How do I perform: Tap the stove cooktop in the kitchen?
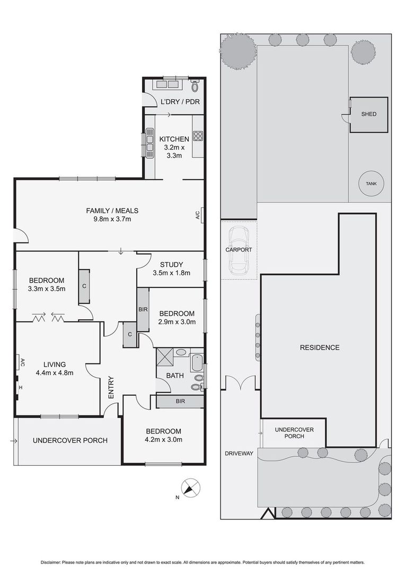coord(198,136)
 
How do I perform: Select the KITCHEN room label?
coord(174,139)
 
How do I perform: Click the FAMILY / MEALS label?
coord(112,211)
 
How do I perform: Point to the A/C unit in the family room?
coord(200,215)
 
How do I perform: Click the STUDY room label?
coord(171,264)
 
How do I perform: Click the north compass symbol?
coord(191,488)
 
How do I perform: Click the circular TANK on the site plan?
coord(371,184)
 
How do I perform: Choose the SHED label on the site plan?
coord(368,114)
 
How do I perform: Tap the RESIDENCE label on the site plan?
coord(320,348)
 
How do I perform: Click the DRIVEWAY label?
coord(239,453)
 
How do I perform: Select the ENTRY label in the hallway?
coord(111,387)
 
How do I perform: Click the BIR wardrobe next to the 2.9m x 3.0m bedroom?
coord(143,309)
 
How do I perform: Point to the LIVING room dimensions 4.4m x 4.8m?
coord(55,373)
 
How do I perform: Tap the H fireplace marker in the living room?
coord(21,387)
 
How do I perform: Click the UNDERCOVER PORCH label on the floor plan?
coord(70,440)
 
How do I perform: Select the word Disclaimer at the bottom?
coord(50,562)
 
